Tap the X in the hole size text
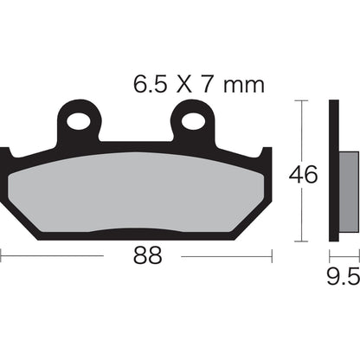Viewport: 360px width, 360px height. click(x=186, y=86)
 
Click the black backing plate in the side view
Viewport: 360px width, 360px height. click(x=333, y=173)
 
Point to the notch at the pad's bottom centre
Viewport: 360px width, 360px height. click(x=137, y=232)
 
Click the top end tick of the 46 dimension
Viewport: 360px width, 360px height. click(x=300, y=101)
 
